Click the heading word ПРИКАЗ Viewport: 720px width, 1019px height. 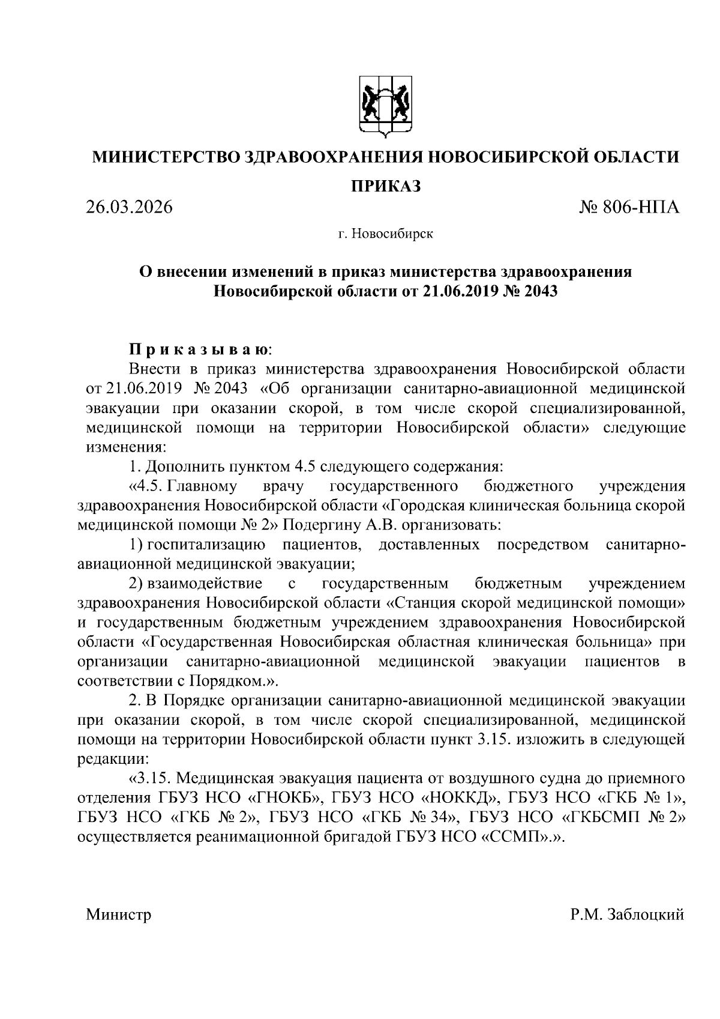(385, 186)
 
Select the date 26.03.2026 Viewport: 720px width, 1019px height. (128, 208)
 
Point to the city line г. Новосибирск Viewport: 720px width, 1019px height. (385, 234)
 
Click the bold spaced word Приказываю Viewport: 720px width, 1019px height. (200, 349)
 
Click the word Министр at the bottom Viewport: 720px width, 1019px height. (118, 915)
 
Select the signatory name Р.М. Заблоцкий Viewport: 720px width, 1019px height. (628, 915)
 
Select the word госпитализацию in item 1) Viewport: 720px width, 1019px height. (207, 545)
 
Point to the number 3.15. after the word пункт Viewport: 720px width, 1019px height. (494, 739)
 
